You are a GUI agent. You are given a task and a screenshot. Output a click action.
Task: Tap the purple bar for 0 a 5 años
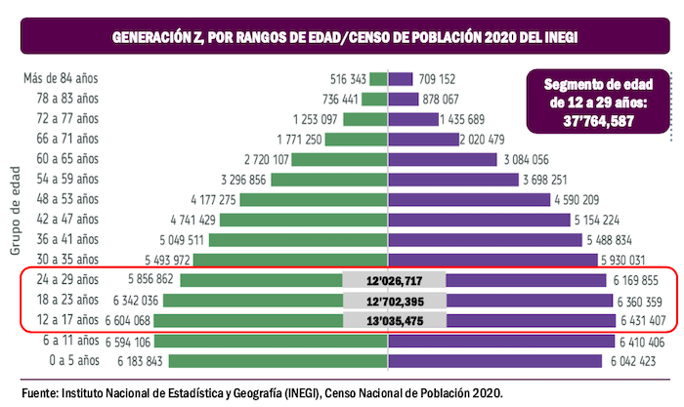pyautogui.click(x=498, y=361)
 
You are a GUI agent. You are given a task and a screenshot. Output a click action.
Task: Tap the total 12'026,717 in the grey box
pyautogui.click(x=394, y=280)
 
